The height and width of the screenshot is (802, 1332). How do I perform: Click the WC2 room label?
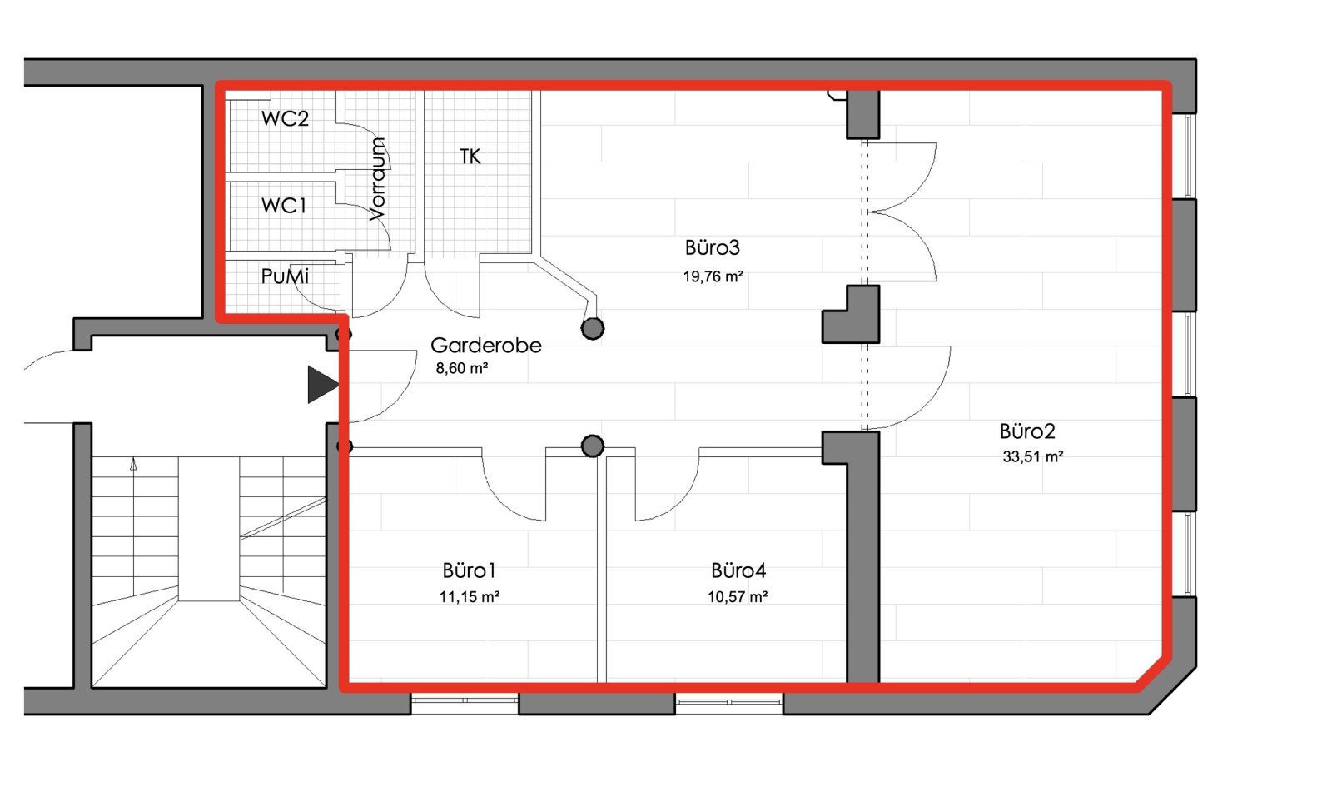click(285, 118)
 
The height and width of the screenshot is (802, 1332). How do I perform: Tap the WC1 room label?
click(284, 205)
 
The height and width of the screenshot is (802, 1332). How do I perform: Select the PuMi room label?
click(285, 276)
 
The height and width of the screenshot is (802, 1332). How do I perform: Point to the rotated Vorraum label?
click(377, 179)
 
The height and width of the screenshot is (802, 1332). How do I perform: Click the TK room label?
click(470, 157)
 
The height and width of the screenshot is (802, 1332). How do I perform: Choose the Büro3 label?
click(713, 247)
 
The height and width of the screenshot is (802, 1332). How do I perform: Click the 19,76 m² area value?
click(713, 276)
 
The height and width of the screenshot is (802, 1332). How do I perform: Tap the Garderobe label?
click(486, 345)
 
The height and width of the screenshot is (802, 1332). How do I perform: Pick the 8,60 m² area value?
click(462, 368)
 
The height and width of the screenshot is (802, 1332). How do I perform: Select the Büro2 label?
click(1027, 431)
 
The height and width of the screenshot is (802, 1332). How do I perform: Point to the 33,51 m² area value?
click(1033, 456)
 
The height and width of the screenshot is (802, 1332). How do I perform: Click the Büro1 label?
click(469, 570)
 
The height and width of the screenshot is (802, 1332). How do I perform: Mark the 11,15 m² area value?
click(470, 597)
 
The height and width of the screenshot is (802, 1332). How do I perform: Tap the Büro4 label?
click(738, 570)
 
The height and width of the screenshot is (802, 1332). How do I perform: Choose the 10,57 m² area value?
click(738, 597)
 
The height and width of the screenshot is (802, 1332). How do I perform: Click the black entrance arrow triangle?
click(321, 384)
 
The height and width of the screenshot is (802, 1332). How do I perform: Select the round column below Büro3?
click(592, 328)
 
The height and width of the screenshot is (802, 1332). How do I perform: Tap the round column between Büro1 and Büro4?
click(592, 446)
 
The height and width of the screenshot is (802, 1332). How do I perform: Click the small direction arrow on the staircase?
click(134, 464)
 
